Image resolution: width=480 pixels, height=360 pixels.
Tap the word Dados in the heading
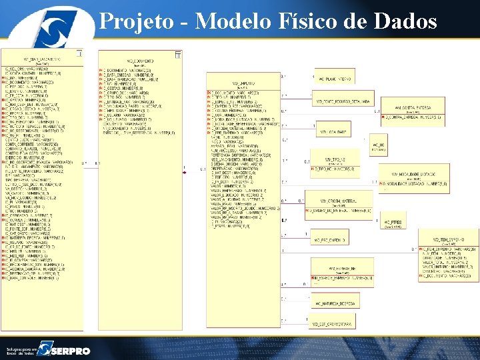point(406,21)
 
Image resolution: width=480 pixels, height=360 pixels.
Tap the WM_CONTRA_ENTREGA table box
point(407,111)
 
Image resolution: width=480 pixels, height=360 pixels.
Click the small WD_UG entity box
point(378,145)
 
